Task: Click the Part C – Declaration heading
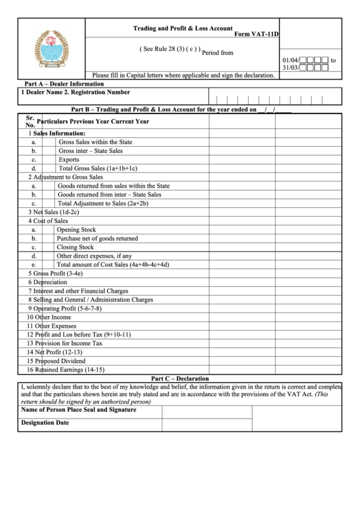coord(180,379)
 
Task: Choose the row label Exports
coord(69,160)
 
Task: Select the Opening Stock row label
coord(76,230)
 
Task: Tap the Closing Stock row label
coord(75,247)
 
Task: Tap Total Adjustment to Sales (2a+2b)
coord(103,203)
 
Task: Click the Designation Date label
coord(45,423)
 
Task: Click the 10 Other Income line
coord(49,317)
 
